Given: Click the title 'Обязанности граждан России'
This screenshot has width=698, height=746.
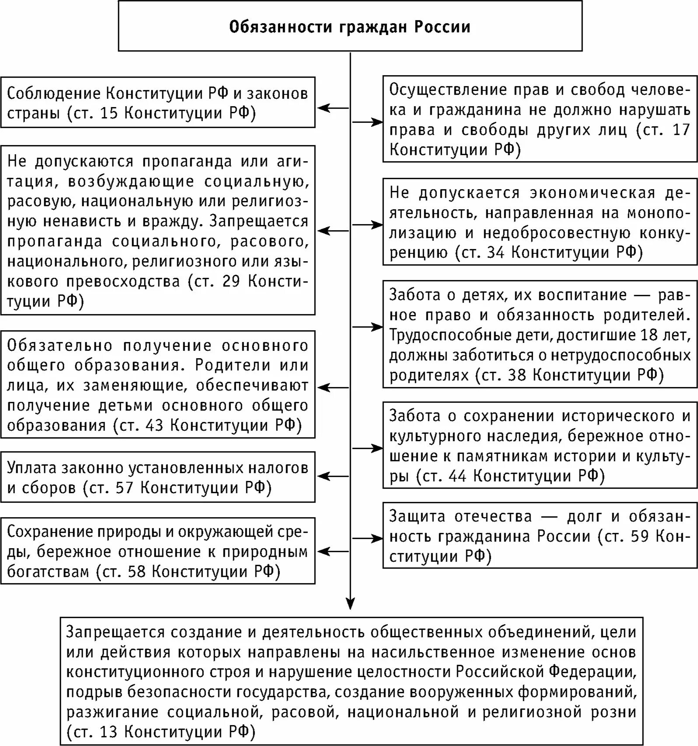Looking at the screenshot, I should (350, 27).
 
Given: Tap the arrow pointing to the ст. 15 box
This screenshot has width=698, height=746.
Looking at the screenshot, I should (332, 108).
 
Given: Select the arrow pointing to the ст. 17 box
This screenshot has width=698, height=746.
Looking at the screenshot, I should (367, 122).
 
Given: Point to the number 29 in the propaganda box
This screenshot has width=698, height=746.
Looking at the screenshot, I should (231, 281).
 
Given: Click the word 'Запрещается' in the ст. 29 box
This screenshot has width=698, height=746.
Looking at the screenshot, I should (259, 221).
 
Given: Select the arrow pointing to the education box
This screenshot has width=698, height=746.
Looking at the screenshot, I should (332, 387).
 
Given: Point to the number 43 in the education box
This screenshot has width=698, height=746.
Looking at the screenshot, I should (155, 425).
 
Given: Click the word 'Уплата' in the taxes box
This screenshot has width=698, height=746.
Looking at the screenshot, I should (31, 468).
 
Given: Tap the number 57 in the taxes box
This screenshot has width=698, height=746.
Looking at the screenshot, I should (125, 487).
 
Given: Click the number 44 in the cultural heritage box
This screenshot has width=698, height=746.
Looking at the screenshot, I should (458, 475).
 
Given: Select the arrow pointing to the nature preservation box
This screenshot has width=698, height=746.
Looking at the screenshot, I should (332, 552).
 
